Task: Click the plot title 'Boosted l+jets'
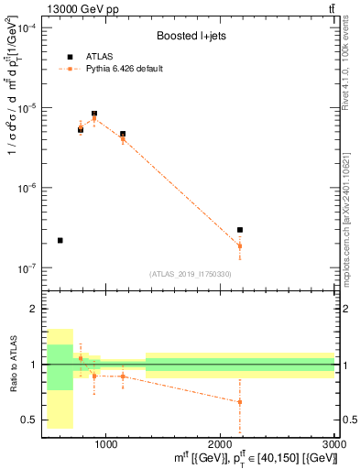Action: pos(190,36)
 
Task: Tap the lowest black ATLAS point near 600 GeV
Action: pos(60,240)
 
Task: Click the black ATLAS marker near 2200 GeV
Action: pos(240,230)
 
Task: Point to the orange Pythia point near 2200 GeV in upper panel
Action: pos(240,245)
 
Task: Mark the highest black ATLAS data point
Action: pos(94,114)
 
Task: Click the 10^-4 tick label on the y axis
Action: pos(27,28)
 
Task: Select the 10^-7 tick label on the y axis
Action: pos(27,268)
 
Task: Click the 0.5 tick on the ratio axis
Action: pos(31,420)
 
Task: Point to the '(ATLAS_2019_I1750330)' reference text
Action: pos(191,274)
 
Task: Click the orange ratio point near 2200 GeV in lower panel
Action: pos(240,401)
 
